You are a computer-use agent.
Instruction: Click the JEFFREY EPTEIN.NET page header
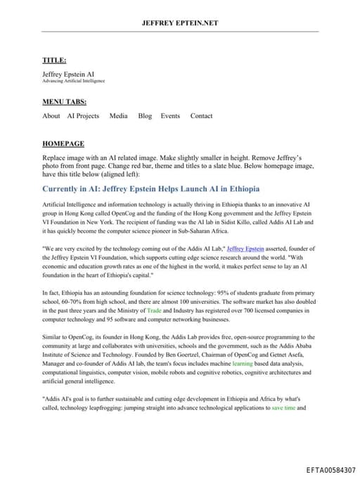pyautogui.click(x=180, y=23)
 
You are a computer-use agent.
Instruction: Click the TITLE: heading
pyautogui.click(x=55, y=61)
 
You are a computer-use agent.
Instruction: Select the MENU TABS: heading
pyautogui.click(x=65, y=102)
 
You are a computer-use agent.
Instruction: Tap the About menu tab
pyautogui.click(x=51, y=116)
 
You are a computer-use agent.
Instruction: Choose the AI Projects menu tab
pyautogui.click(x=83, y=116)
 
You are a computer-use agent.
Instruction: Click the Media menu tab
pyautogui.click(x=118, y=116)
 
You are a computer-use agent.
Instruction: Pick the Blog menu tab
pyautogui.click(x=145, y=116)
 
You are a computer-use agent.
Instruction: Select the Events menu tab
pyautogui.click(x=170, y=116)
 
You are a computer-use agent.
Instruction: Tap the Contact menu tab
pyautogui.click(x=201, y=116)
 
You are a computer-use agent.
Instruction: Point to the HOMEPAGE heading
pyautogui.click(x=63, y=142)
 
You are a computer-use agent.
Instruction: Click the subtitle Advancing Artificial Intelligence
pyautogui.click(x=74, y=81)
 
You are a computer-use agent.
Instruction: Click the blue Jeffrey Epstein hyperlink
pyautogui.click(x=246, y=248)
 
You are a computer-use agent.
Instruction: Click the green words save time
pyautogui.click(x=283, y=407)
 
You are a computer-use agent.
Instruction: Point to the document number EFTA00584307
pyautogui.click(x=330, y=469)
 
